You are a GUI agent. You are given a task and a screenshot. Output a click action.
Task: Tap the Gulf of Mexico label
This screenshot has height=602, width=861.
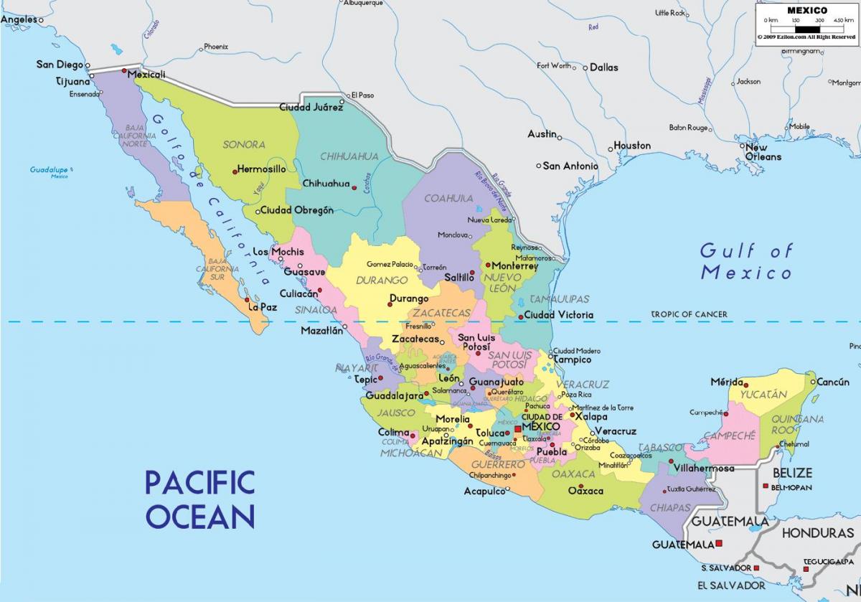(x=747, y=261)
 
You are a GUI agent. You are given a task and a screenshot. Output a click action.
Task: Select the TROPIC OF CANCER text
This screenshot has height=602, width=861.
(x=689, y=314)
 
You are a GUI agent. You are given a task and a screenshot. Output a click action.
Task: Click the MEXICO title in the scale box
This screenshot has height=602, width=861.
(x=807, y=10)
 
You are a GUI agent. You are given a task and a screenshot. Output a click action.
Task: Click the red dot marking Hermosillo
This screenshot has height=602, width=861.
(x=235, y=171)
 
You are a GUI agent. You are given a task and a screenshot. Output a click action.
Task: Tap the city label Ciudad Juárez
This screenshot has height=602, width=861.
(x=311, y=108)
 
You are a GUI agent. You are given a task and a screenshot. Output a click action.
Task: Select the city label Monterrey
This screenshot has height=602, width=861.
(x=514, y=265)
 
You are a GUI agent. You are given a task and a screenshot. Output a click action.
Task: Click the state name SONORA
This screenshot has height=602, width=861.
(x=244, y=144)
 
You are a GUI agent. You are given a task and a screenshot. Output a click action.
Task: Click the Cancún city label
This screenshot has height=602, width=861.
(x=833, y=382)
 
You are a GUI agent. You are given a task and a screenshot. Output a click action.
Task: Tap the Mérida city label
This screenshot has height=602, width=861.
(x=726, y=382)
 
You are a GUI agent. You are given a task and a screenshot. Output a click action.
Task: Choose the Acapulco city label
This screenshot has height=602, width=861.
(x=485, y=492)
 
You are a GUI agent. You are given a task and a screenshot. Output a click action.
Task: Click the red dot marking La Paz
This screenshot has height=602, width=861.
(x=247, y=300)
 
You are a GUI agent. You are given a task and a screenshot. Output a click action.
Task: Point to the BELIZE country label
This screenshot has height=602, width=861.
(x=792, y=473)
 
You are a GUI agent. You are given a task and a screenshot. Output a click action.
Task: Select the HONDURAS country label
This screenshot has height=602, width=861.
(x=817, y=533)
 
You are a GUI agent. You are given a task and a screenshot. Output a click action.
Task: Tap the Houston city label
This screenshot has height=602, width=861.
(x=632, y=146)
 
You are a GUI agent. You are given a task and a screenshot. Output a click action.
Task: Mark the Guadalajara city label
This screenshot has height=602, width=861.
(x=394, y=395)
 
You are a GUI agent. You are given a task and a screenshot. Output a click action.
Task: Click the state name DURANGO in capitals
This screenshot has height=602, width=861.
(x=382, y=280)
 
